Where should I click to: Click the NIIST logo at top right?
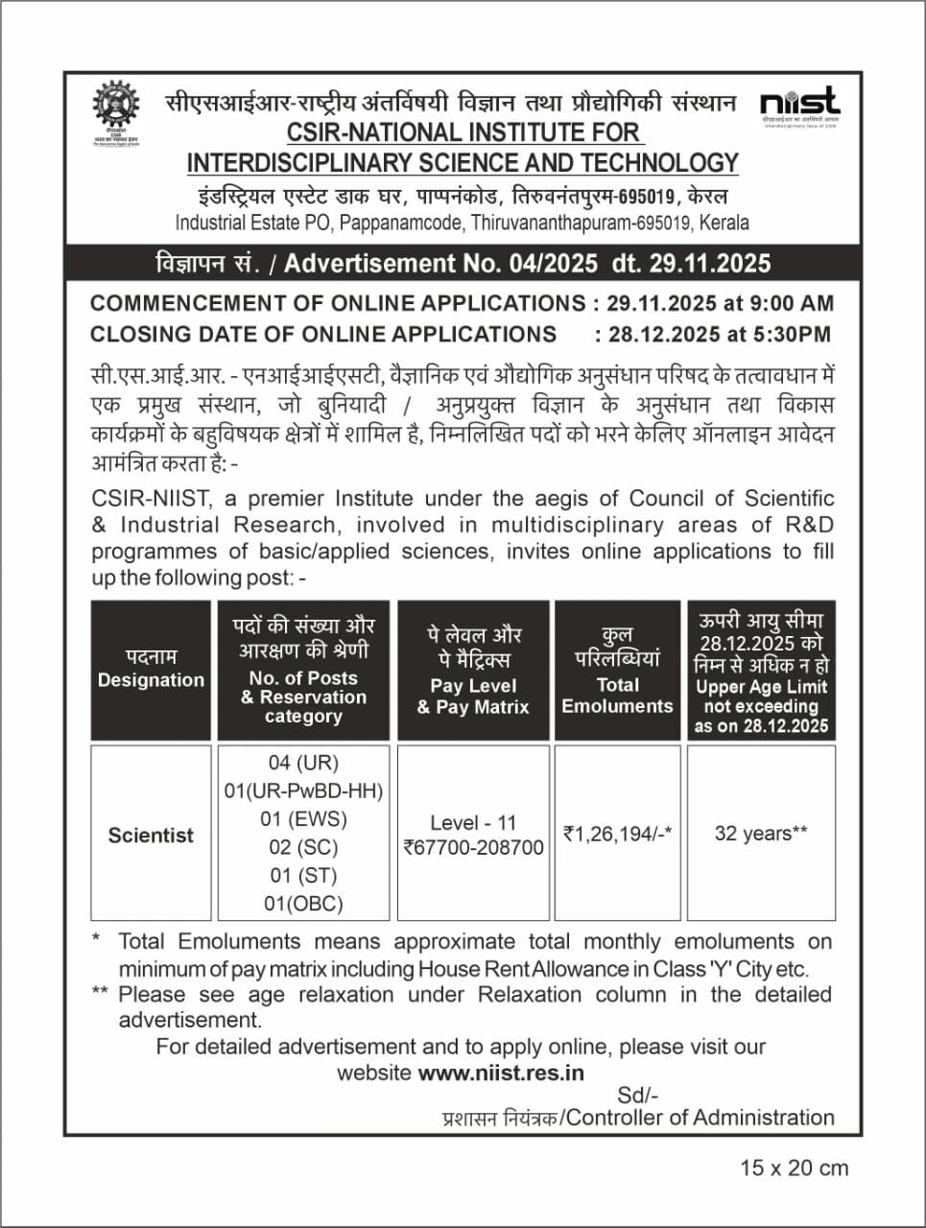[798, 105]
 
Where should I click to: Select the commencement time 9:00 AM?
[792, 303]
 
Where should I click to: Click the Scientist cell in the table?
[151, 836]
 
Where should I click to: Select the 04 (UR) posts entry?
[303, 763]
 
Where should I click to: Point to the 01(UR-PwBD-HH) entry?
[303, 791]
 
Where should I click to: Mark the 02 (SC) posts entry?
[303, 847]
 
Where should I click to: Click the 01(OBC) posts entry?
[303, 903]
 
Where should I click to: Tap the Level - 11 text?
[473, 822]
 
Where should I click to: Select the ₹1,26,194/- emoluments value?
[617, 834]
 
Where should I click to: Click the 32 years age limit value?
[761, 834]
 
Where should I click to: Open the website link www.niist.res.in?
[501, 1073]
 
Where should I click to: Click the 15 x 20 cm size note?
[795, 1168]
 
